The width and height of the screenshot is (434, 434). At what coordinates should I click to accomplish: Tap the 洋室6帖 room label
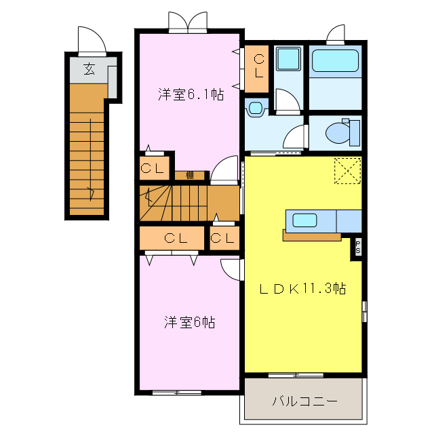pos(189,322)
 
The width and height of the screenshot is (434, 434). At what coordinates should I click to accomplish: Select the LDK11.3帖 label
pos(303,288)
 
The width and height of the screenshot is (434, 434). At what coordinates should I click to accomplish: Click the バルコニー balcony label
pos(304,401)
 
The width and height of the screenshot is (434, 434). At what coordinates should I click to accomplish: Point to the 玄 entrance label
pos(89,68)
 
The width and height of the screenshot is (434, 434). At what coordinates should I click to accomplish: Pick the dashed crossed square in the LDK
pos(348,170)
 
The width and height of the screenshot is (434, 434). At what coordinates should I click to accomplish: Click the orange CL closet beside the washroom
pos(258,68)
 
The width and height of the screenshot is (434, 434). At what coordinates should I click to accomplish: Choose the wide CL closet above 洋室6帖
pos(174,238)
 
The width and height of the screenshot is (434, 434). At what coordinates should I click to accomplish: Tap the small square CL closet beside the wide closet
pos(223,238)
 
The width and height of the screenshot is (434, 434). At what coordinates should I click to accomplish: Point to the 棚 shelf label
pos(190,175)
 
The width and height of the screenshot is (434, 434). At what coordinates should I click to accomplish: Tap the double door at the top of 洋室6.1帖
pos(187,22)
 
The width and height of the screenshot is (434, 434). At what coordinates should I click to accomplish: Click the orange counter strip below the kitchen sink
pos(312,236)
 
